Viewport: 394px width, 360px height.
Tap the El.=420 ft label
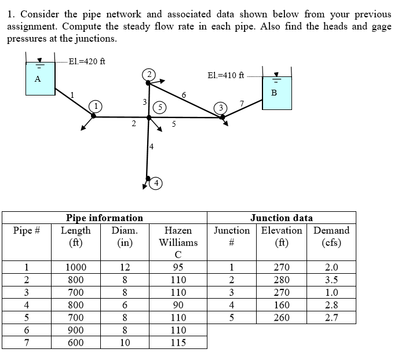point(86,61)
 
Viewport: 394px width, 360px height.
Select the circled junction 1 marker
point(97,106)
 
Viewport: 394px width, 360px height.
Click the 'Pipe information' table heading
point(104,218)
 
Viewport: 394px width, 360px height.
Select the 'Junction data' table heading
point(281,218)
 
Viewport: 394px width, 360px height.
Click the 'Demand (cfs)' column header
point(331,236)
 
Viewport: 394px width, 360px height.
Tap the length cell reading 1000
point(75,267)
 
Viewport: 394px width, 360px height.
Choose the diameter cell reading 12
point(124,267)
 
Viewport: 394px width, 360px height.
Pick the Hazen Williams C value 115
point(178,343)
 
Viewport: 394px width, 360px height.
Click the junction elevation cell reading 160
point(281,305)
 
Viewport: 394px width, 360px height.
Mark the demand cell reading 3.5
point(331,280)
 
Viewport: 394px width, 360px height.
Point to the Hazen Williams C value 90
point(178,305)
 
